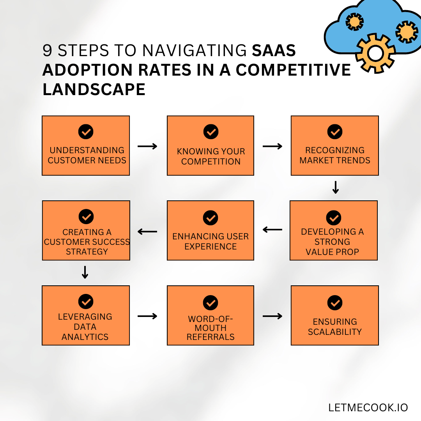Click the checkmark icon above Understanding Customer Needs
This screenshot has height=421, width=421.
(86, 132)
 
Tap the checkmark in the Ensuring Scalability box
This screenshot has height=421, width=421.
(335, 302)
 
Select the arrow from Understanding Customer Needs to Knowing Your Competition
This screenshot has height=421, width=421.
(147, 146)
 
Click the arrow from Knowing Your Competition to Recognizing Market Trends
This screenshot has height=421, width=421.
(272, 146)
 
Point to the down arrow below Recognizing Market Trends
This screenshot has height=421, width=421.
(336, 188)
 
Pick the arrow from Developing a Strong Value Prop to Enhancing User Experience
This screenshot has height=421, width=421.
(272, 230)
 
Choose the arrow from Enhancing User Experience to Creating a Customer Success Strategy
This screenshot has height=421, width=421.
(147, 232)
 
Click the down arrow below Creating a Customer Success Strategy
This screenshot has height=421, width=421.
(85, 272)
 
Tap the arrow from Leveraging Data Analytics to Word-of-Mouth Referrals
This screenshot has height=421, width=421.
(147, 316)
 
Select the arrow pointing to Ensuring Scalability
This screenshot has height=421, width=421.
(272, 316)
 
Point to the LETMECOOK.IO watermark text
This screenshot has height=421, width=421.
(368, 408)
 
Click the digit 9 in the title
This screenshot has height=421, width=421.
(47, 50)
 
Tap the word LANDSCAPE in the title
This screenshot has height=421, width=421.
(94, 89)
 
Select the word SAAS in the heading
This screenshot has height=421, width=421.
(274, 50)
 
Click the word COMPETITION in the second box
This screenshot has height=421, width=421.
(211, 162)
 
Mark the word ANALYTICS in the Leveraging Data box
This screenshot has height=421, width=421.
(85, 337)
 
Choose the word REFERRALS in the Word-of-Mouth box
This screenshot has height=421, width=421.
(210, 337)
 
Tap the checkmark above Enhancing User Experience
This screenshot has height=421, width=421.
(210, 218)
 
